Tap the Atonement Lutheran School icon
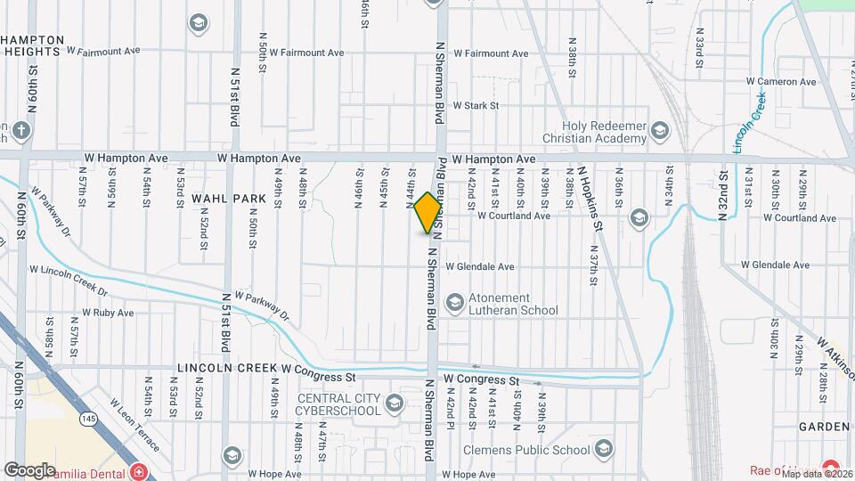pyautogui.click(x=455, y=304)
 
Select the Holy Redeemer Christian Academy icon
pyautogui.click(x=659, y=133)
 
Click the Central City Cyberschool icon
pyautogui.click(x=394, y=405)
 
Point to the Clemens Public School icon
pyautogui.click(x=605, y=448)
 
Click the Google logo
pyautogui.click(x=29, y=470)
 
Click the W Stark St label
pyautogui.click(x=476, y=105)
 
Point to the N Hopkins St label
pyautogui.click(x=590, y=199)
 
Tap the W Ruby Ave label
pyautogui.click(x=108, y=313)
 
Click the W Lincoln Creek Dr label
pyautogui.click(x=69, y=281)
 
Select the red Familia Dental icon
pyautogui.click(x=138, y=471)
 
